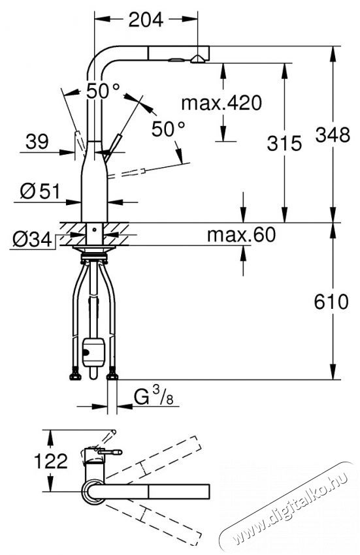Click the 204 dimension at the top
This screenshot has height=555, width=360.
(146, 20)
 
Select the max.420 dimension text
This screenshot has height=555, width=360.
(221, 103)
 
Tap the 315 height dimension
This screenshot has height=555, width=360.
(284, 144)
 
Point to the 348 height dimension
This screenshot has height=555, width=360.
(333, 135)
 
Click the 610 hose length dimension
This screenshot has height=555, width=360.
(331, 302)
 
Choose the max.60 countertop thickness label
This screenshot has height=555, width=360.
(241, 234)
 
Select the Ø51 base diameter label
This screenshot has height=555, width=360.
(40, 191)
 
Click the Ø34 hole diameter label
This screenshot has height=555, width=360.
(32, 240)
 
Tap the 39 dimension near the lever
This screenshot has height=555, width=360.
(37, 142)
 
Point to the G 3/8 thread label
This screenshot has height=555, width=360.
(154, 396)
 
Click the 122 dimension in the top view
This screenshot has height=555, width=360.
(51, 461)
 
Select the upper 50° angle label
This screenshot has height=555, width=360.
(103, 91)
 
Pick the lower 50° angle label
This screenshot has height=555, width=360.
(169, 129)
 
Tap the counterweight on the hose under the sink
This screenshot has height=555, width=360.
(93, 352)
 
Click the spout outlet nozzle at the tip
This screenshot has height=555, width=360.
(197, 59)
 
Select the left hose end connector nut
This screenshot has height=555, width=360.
(74, 375)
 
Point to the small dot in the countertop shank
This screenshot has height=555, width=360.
(94, 229)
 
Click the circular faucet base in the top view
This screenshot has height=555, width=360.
(93, 491)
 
